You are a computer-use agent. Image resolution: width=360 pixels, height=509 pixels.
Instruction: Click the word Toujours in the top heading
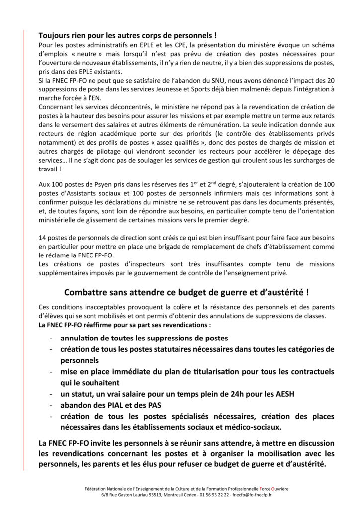coord(55,36)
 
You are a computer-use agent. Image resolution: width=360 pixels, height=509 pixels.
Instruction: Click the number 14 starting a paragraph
coord(43,238)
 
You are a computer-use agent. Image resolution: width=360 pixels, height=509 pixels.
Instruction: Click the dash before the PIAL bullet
coord(52,405)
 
